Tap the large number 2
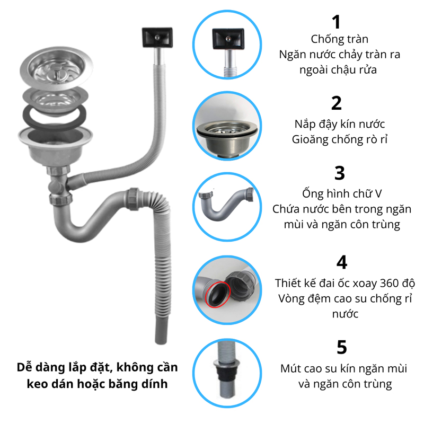336,103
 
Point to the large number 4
342,262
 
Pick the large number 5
342,347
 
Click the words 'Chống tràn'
339,39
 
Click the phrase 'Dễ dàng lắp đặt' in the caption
57,368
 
